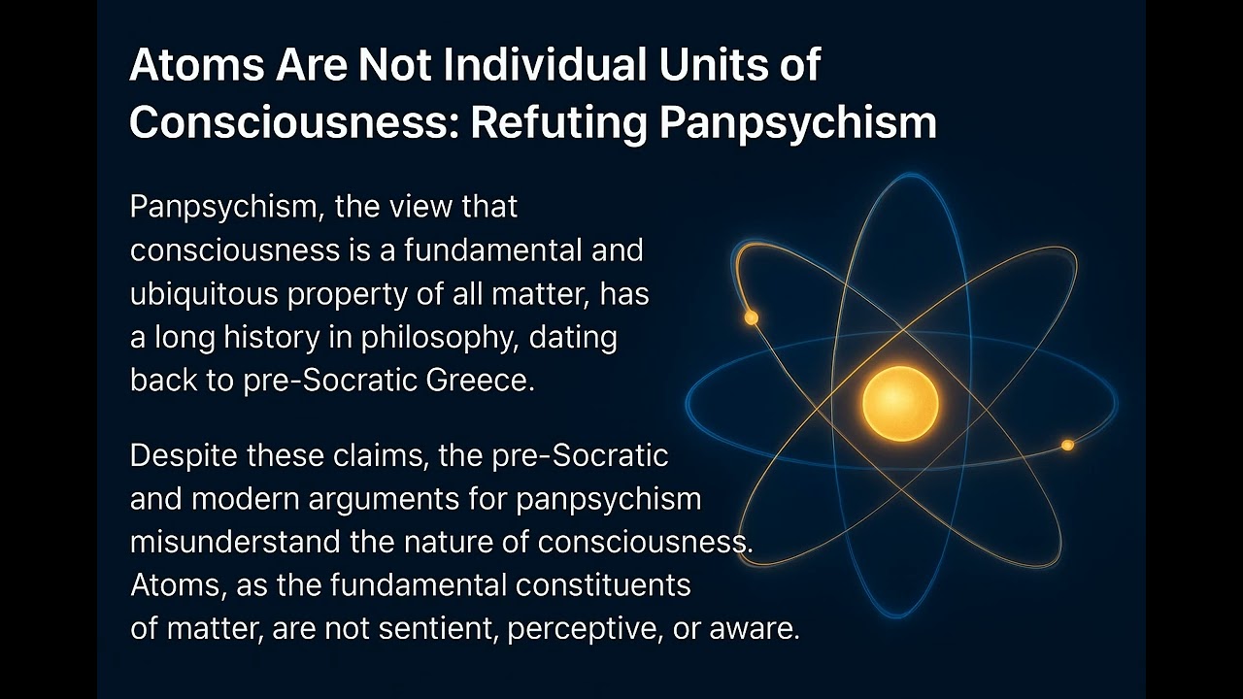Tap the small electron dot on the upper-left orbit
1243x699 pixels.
point(751,317)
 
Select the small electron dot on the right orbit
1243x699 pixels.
point(1067,445)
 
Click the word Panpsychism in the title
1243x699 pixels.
point(812,123)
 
